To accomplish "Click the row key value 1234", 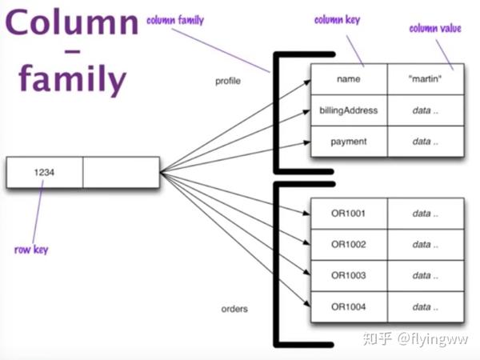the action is coord(44,172).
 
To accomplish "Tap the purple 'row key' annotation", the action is coord(31,250).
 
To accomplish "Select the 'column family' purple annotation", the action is coord(175,20).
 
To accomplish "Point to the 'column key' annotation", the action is coord(337,20).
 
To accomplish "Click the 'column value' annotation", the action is coord(435,28).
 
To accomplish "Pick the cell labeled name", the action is coord(349,79).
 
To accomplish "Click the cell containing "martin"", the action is coord(426,79).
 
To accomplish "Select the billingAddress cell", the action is coord(349,110).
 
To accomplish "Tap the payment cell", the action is coord(349,142).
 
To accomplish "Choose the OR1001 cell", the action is coord(349,214).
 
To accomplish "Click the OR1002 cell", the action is coord(349,245).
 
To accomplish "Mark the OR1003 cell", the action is coord(349,275).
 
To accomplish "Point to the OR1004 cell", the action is coord(349,306).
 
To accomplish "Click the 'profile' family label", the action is coord(228,81).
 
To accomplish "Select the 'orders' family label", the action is coord(234,309).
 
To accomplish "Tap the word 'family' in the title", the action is coord(72,78).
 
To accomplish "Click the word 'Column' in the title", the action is coord(72,22).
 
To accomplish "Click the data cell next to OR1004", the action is coord(426,306).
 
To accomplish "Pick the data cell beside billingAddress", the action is coord(426,110).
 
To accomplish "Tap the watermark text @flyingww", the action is coord(433,339).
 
